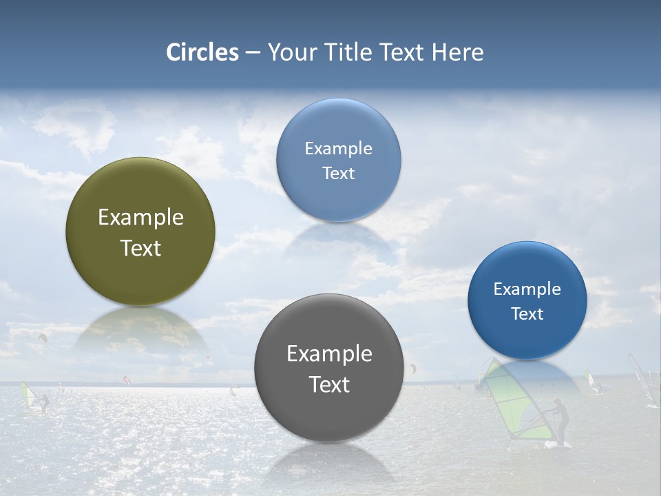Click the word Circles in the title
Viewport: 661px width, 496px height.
click(202, 52)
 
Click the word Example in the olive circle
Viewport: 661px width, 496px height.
click(140, 218)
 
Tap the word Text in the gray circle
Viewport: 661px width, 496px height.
click(329, 384)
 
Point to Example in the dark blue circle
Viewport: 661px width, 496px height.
click(527, 289)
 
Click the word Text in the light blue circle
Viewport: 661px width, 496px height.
click(338, 174)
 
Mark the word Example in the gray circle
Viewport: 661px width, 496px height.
click(329, 353)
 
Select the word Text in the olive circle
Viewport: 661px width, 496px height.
click(140, 248)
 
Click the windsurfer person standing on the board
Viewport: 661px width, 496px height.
click(562, 422)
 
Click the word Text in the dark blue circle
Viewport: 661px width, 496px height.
click(527, 314)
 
